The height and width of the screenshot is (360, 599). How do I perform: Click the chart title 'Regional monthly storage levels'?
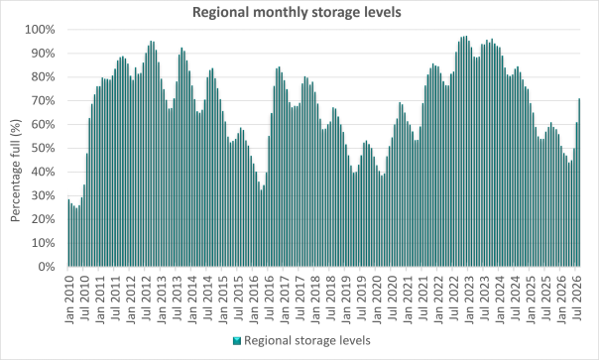[x=297, y=12]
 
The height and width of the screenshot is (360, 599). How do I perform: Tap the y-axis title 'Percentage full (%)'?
[x=15, y=171]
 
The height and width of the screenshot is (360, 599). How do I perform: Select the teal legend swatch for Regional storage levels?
[x=237, y=340]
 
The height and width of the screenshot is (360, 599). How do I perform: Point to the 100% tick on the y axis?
[x=40, y=30]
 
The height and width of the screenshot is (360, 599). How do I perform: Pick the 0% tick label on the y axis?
[x=47, y=267]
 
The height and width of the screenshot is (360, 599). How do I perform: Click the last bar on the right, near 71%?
[x=579, y=182]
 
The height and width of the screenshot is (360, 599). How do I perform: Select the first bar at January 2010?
[x=68, y=233]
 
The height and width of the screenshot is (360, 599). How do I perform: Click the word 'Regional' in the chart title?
[x=221, y=12]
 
